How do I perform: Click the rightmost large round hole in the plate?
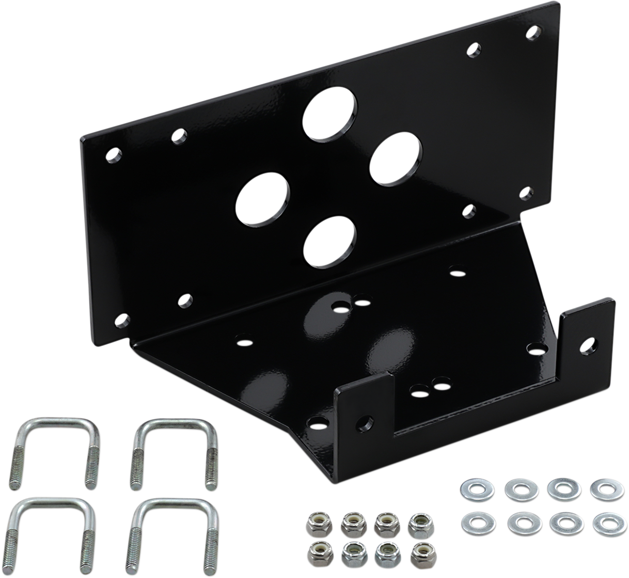pos(396,158)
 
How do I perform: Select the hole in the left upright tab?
pos(365,421)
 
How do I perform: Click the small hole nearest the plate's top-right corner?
pos(533,33)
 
